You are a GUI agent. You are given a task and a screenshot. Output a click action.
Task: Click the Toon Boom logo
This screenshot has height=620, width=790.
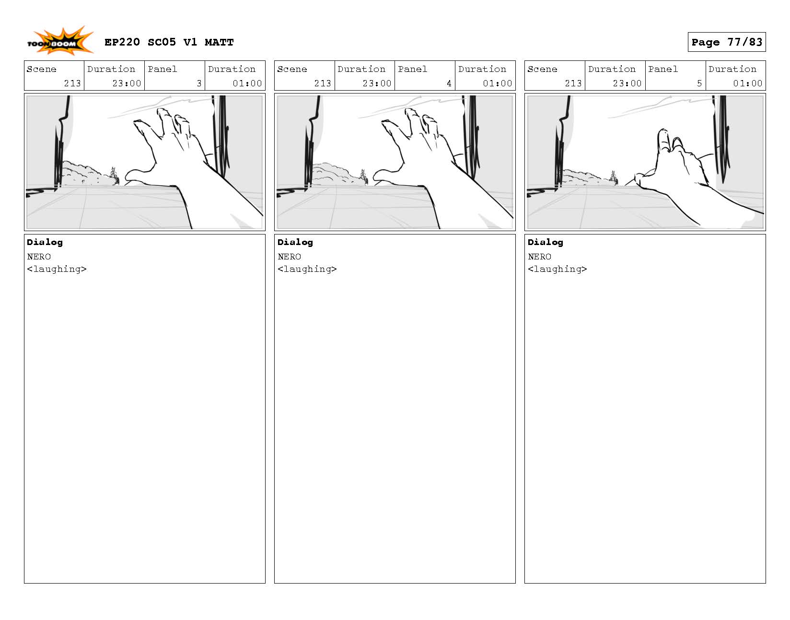click(x=60, y=41)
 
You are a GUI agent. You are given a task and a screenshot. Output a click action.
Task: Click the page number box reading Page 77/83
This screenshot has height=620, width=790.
click(x=726, y=42)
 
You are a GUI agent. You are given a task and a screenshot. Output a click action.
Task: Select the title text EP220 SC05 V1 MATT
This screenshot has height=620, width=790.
click(x=169, y=42)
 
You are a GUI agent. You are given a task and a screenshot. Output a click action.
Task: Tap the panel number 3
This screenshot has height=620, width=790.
click(x=199, y=83)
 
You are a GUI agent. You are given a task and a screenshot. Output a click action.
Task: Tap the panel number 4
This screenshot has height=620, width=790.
click(x=449, y=83)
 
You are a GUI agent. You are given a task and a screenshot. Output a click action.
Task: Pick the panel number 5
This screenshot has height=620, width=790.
click(x=699, y=83)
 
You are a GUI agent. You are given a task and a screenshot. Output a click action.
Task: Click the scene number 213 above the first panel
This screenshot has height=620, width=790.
click(x=72, y=83)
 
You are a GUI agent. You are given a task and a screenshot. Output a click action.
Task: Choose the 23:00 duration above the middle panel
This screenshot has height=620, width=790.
click(x=377, y=83)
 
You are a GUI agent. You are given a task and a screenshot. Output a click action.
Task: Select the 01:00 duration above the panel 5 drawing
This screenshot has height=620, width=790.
click(x=747, y=83)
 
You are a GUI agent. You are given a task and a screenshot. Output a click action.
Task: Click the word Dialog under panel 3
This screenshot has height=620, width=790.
click(x=45, y=243)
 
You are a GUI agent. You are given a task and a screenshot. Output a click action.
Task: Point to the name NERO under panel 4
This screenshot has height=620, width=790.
click(x=289, y=257)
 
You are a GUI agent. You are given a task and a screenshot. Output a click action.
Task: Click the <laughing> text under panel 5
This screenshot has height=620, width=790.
click(x=557, y=269)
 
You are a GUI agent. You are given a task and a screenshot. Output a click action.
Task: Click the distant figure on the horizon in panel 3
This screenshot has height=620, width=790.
click(x=115, y=175)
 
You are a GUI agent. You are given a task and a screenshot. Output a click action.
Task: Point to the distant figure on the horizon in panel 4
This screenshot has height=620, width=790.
click(x=363, y=177)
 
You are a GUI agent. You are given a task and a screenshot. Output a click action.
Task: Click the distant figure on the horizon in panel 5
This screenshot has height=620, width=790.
click(x=613, y=177)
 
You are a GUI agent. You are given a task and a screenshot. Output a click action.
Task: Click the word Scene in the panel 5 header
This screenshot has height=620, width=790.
click(x=542, y=69)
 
